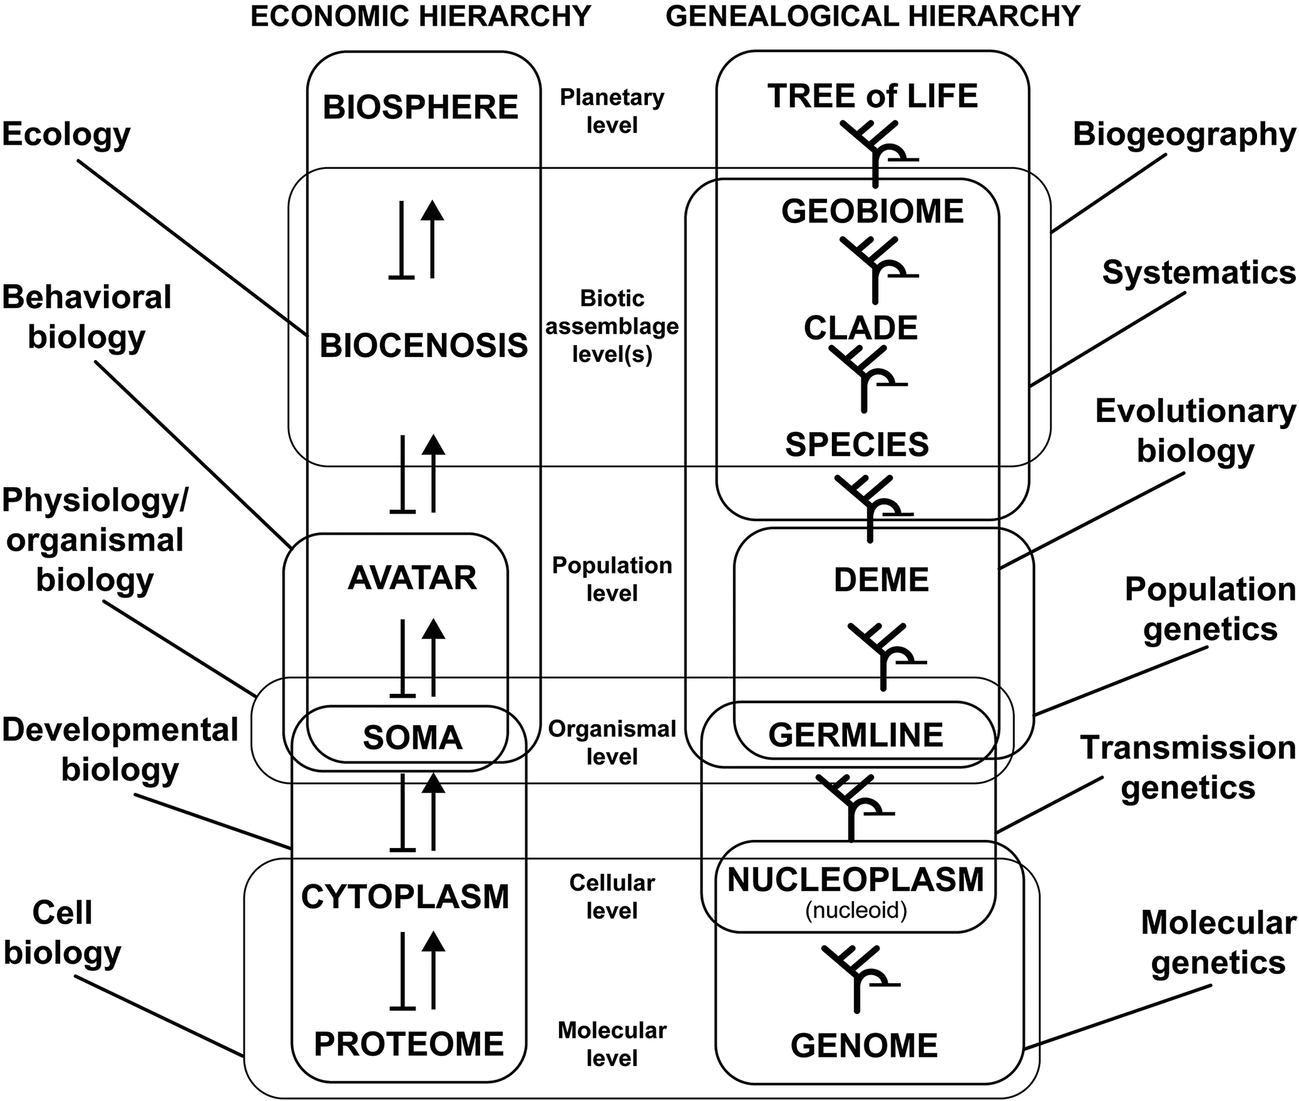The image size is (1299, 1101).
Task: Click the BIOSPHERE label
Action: point(420,107)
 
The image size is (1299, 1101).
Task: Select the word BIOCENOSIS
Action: point(424,346)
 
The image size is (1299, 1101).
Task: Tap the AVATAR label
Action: point(412,577)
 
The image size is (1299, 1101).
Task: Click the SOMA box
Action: point(412,738)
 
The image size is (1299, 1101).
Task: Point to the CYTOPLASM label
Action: point(405,897)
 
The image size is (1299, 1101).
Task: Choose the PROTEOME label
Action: point(409,1044)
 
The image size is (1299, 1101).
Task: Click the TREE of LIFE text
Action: point(872,96)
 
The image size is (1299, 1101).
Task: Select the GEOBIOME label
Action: point(872,211)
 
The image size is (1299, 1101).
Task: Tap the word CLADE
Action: point(860,328)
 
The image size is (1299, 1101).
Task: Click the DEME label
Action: point(881,579)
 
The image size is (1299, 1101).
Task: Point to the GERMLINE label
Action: point(855,735)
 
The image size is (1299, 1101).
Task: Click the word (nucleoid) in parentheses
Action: point(856,909)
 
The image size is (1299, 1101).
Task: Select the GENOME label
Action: point(864,1045)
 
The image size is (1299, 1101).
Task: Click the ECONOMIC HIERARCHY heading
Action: point(420,16)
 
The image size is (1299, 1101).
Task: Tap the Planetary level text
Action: point(612,111)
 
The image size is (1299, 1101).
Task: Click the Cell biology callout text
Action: point(62,933)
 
